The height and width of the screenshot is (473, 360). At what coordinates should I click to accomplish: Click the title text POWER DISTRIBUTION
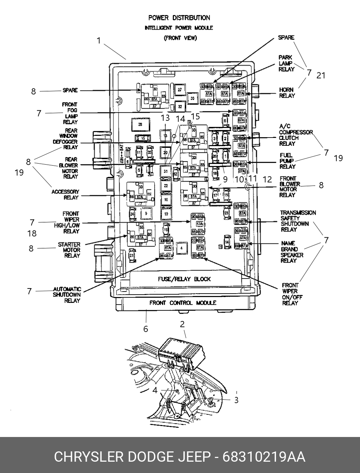[x=179, y=18]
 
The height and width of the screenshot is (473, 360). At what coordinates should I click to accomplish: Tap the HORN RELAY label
[x=287, y=93]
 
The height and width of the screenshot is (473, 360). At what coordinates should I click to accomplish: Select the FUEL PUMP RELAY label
[x=287, y=161]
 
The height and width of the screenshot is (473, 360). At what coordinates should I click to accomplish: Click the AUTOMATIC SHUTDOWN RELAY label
[x=67, y=295]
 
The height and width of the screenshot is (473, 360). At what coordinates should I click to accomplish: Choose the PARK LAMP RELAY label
[x=286, y=63]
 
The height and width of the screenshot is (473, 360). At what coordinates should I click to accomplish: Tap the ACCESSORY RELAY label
[x=65, y=194]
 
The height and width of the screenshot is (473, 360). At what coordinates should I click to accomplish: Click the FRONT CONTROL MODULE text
[x=182, y=303]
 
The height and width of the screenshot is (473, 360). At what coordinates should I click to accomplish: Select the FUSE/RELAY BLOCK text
[x=184, y=279]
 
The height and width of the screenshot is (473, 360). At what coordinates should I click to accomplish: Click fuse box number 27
[x=179, y=90]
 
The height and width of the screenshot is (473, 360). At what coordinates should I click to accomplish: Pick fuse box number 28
[x=140, y=125]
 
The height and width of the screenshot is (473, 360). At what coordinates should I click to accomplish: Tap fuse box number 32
[x=180, y=107]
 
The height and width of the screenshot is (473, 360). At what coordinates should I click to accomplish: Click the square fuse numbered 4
[x=182, y=248]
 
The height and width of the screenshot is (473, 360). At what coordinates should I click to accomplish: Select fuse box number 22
[x=166, y=186]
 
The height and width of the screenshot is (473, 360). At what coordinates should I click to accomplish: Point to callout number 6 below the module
[x=146, y=329]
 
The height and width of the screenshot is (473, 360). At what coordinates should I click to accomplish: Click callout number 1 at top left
[x=99, y=41]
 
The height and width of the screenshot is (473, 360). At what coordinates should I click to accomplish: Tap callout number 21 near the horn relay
[x=321, y=75]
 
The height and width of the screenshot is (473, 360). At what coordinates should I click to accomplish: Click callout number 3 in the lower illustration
[x=236, y=400]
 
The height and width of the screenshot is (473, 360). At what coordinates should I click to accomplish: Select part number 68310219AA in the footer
[x=264, y=457]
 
